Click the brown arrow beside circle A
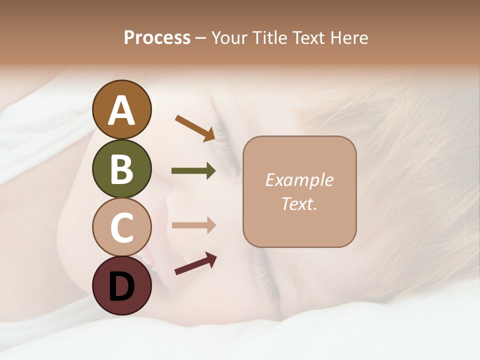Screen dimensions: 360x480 [195, 128]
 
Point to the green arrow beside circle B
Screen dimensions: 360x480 [193, 171]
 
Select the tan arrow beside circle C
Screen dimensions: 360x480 [193, 225]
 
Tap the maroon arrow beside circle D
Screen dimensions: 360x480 [195, 263]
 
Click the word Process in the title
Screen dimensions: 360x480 [157, 37]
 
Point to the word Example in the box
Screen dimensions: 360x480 [299, 180]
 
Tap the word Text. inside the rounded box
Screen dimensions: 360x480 [299, 203]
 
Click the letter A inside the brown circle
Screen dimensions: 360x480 [121, 111]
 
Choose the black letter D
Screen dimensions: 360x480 [121, 286]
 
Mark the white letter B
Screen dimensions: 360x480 [121, 169]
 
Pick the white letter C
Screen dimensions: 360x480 [121, 227]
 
